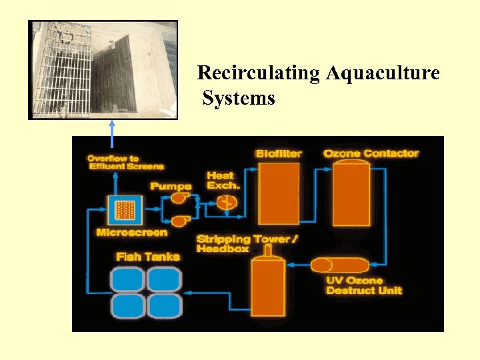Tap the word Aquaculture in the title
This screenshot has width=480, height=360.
tap(383, 73)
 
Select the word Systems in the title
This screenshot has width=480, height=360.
tap(239, 99)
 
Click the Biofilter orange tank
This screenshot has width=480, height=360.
tap(279, 194)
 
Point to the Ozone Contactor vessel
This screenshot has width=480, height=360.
tap(352, 194)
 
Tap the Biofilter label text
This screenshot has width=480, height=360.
tap(279, 154)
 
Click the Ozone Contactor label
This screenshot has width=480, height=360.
tap(371, 154)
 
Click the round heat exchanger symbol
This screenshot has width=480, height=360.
tap(228, 201)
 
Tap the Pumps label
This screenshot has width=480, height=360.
tap(171, 186)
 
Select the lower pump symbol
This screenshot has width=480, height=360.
tap(178, 221)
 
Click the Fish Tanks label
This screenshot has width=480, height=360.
tap(147, 256)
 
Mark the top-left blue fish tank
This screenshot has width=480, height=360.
tap(128, 279)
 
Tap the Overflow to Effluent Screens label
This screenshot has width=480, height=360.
tap(125, 162)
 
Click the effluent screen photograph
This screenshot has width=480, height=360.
tap(103, 69)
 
